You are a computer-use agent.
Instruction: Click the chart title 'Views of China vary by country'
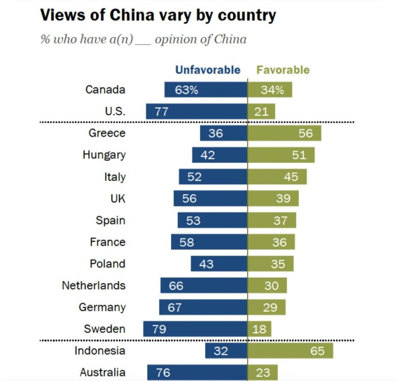click(158, 15)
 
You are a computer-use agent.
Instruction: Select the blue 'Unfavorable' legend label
click(208, 70)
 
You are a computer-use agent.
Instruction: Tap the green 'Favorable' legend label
click(283, 70)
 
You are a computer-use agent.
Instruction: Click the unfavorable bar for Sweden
click(195, 329)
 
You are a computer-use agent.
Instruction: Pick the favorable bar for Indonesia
click(290, 351)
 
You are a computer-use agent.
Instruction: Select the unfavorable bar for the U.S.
click(196, 112)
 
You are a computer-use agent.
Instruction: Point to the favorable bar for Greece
click(284, 133)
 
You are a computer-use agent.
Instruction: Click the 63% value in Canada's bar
click(187, 90)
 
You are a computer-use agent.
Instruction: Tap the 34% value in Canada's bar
click(272, 90)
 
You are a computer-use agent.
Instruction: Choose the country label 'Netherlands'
click(94, 285)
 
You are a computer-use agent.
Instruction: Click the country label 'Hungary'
click(104, 155)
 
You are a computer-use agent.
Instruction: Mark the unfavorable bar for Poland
click(219, 264)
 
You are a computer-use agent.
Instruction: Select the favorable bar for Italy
click(277, 177)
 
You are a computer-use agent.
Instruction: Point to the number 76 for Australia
click(163, 372)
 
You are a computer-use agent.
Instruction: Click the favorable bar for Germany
click(266, 307)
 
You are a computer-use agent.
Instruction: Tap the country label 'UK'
click(118, 199)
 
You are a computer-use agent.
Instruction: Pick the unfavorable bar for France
click(209, 242)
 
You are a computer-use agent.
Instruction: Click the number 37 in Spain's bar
click(280, 221)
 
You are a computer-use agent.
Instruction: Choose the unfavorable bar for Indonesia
click(226, 351)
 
